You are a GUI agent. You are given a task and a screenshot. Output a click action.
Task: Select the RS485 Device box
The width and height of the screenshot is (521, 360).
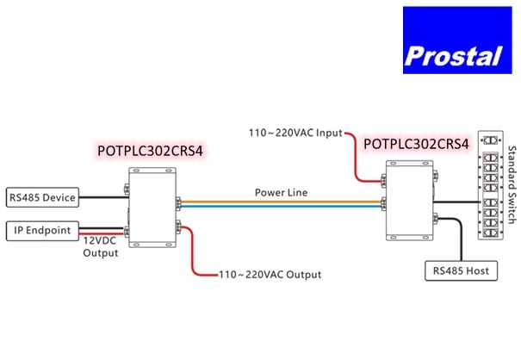tap(40, 198)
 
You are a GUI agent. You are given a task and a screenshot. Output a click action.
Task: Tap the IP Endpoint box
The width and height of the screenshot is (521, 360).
tap(43, 230)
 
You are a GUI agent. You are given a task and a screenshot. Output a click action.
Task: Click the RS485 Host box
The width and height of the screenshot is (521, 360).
tap(459, 270)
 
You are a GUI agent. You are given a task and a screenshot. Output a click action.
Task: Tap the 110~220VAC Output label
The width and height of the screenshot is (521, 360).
tap(270, 275)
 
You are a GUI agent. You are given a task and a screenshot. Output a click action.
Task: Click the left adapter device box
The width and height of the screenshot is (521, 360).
tap(152, 205)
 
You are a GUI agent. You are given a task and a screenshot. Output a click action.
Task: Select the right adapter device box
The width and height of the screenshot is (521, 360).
tap(408, 200)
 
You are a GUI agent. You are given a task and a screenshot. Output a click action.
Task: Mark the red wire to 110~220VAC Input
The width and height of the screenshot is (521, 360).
tap(356, 155)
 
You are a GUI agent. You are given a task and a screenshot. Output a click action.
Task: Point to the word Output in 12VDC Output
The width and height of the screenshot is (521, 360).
tap(101, 254)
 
